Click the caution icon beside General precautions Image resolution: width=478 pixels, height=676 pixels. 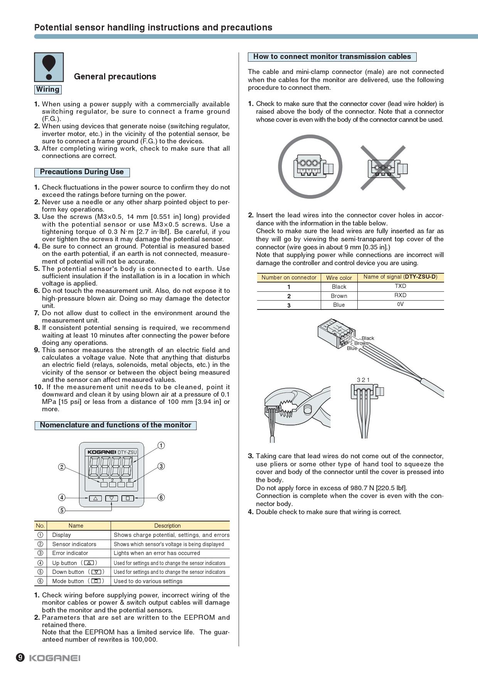(49, 67)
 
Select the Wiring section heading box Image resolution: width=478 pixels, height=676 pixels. (48, 89)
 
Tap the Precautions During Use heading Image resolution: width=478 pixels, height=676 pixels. (82, 172)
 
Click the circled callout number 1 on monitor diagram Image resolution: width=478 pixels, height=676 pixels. (161, 446)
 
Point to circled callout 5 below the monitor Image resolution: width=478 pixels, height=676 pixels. (62, 510)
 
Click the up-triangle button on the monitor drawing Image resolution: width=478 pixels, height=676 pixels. (95, 498)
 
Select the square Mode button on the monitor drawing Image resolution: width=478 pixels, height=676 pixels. (128, 498)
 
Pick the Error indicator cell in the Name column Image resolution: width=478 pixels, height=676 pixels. (70, 553)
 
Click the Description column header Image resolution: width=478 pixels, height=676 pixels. (167, 526)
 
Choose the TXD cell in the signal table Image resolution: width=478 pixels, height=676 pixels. (400, 286)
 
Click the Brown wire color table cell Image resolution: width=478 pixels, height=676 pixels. (339, 296)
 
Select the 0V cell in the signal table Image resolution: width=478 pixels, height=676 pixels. (400, 304)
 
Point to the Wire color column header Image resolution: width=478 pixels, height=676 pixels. (339, 277)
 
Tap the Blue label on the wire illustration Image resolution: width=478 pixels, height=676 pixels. (352, 348)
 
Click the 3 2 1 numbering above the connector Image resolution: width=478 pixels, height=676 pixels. (363, 380)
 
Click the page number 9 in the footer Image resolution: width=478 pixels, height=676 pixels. (20, 657)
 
